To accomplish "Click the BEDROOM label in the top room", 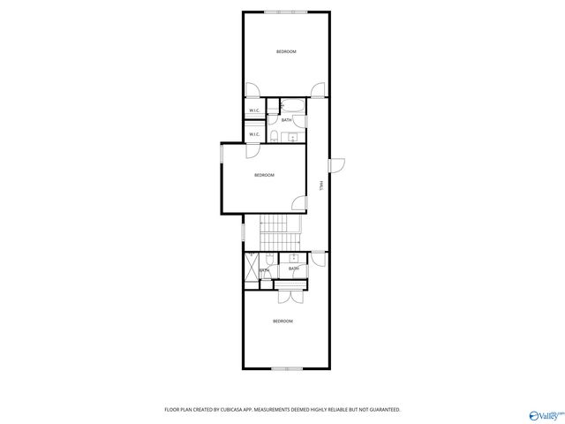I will [x=286, y=52].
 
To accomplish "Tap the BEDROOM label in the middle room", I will [x=264, y=175].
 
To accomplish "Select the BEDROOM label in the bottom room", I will [x=282, y=321].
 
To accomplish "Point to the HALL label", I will [x=320, y=185].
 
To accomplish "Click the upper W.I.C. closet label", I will [x=254, y=110].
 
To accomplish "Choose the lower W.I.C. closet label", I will [x=254, y=134].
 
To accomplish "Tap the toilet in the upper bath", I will [x=275, y=136].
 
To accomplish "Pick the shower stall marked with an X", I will [x=252, y=270].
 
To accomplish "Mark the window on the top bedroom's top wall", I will [x=286, y=11].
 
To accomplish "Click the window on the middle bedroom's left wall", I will [x=221, y=155].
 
